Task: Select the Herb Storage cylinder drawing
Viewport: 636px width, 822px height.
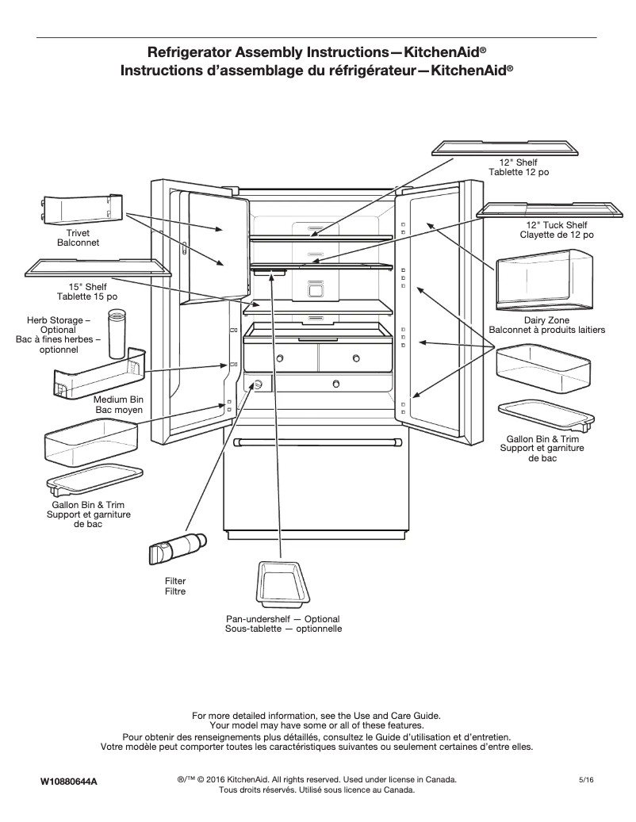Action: click(117, 335)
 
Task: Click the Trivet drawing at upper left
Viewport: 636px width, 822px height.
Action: click(82, 209)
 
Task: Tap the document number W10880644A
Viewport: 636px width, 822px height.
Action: click(69, 782)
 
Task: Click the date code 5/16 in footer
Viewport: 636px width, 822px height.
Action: click(587, 781)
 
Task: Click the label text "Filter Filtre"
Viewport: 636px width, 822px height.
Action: click(174, 586)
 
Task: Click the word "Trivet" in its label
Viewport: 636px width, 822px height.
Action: click(77, 233)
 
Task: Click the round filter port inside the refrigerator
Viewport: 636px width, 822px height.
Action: click(258, 384)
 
